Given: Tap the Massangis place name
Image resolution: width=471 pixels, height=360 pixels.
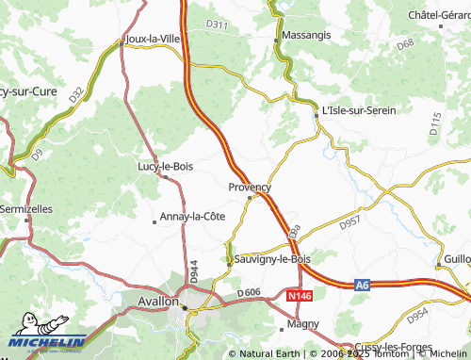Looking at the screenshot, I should click(305, 34).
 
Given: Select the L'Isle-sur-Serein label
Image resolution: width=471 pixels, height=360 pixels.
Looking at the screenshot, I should click(359, 110).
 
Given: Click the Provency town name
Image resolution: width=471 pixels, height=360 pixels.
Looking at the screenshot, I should click(250, 188).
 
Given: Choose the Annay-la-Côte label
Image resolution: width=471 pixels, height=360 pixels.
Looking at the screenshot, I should click(193, 216).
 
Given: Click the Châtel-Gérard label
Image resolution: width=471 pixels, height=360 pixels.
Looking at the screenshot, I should click(438, 16).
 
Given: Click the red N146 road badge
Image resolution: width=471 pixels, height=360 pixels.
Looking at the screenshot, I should click(300, 295).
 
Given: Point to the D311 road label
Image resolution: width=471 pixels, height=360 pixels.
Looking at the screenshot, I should click(217, 25).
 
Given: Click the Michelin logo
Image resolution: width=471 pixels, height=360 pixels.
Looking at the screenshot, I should click(42, 345).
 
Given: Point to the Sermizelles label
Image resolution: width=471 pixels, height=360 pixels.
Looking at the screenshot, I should click(26, 207).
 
